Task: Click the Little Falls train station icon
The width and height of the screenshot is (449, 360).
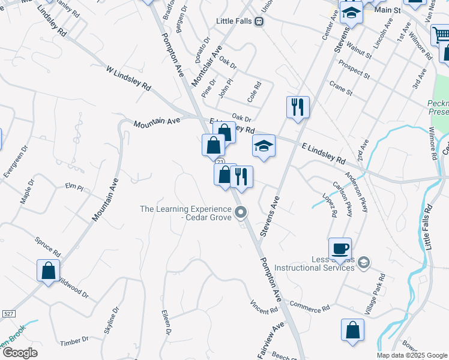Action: (259, 21)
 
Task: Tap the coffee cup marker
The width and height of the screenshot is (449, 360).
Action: (340, 248)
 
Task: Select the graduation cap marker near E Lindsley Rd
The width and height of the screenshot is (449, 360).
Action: (264, 146)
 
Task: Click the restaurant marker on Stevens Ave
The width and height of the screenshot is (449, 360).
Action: (298, 107)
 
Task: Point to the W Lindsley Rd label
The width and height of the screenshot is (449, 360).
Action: (128, 79)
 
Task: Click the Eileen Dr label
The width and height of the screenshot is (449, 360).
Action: (167, 322)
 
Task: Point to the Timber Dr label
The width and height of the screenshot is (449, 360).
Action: (74, 341)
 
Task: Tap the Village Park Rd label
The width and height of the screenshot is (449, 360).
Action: (375, 294)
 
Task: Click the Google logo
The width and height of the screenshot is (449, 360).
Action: (20, 352)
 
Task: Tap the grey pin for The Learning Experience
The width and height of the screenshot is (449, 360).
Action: (241, 212)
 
